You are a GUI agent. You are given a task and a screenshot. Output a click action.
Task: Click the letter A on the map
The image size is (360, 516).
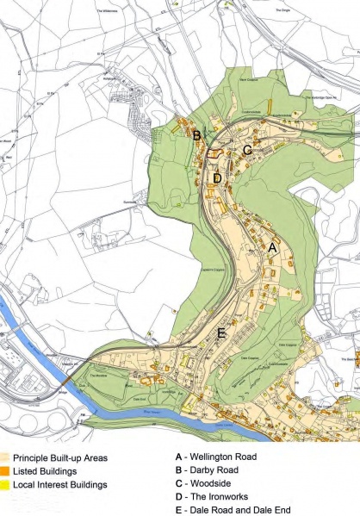tap(274, 247)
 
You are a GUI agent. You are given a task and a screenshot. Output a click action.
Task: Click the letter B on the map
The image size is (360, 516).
tap(196, 135)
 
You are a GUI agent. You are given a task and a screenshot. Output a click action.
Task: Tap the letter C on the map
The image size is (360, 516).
tap(246, 150)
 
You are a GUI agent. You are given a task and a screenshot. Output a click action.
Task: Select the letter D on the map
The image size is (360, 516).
tap(217, 178)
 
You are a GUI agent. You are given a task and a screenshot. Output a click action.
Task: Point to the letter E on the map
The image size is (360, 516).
tap(221, 333)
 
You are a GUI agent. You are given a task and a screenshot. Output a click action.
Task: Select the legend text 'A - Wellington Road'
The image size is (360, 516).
tap(214, 457)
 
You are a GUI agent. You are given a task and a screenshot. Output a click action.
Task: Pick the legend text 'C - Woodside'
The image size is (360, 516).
tap(203, 484)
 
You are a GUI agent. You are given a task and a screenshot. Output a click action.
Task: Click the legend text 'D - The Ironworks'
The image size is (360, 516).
tap(211, 497)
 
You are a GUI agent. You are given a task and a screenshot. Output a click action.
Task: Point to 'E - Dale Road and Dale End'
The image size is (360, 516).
tap(231, 511)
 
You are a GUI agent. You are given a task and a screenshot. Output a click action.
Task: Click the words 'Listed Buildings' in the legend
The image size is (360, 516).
tap(53, 471)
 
